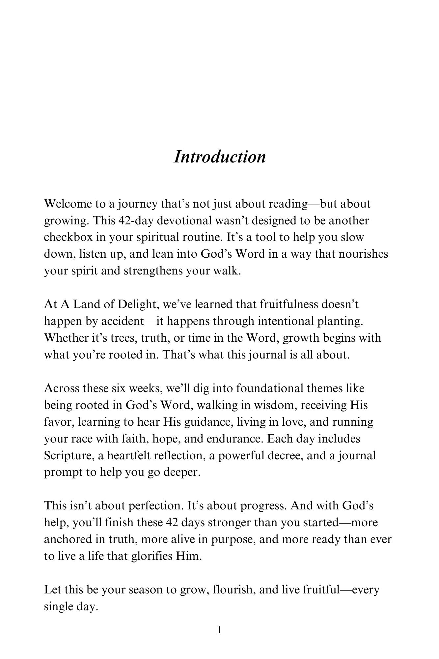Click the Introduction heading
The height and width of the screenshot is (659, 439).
tap(219, 157)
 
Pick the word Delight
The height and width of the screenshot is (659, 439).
tap(138, 304)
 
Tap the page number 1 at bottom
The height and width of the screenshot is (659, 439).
tap(220, 630)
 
